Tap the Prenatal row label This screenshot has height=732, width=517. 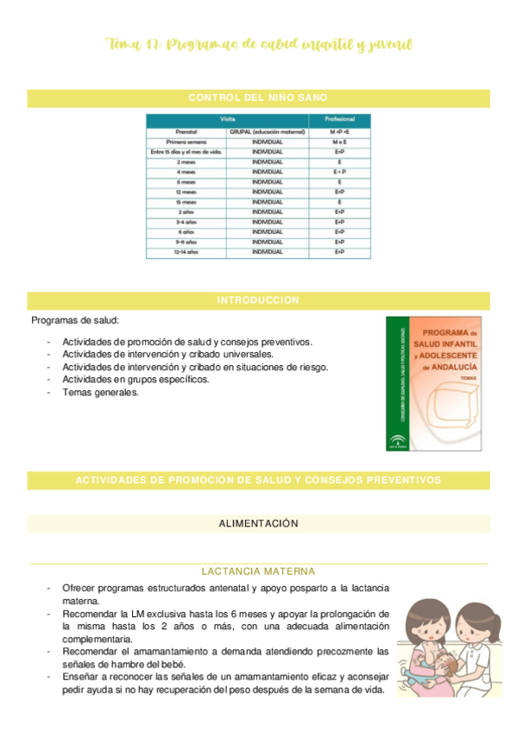[x=186, y=131]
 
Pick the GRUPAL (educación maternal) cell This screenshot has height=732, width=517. [x=268, y=131]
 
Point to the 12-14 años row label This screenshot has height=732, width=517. [x=186, y=252]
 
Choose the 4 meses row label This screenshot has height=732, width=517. [x=186, y=172]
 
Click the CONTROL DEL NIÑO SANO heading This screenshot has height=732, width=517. [x=258, y=98]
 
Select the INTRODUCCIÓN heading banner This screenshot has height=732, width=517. [x=258, y=300]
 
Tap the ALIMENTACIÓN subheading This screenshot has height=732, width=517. [x=258, y=523]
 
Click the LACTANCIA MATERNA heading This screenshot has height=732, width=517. [x=258, y=571]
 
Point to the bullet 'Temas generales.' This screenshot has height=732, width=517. [x=100, y=392]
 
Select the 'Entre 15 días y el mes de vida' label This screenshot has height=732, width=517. [x=186, y=152]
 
